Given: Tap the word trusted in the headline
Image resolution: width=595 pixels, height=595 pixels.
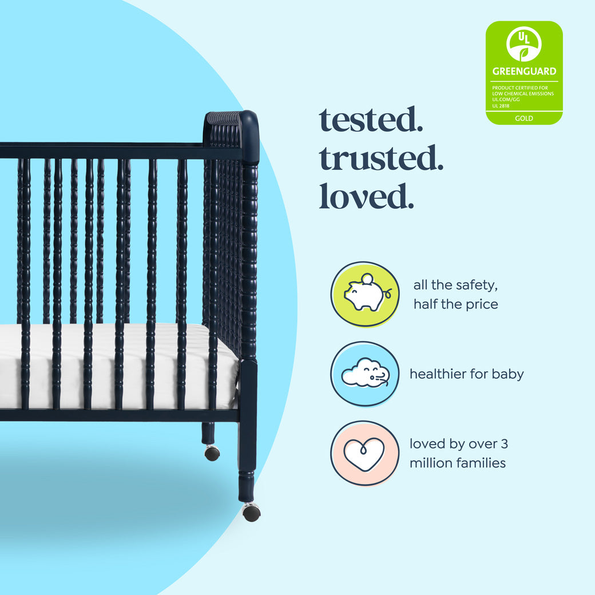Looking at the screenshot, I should [x=381, y=158].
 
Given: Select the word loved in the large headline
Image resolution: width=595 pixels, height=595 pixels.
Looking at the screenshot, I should [x=366, y=196].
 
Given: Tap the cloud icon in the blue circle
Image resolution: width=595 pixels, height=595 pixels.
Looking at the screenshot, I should [x=365, y=374].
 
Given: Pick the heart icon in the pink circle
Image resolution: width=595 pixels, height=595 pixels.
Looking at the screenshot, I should [x=364, y=454].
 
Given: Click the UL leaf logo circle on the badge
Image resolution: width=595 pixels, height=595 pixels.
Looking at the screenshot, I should [x=524, y=44].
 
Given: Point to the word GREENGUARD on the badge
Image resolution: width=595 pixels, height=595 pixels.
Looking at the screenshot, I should [x=524, y=72].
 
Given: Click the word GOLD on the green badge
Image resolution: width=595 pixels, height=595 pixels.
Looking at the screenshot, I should [x=524, y=118].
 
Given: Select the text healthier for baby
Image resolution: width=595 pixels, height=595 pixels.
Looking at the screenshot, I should [x=466, y=374].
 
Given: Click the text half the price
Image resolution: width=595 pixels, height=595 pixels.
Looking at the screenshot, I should [x=455, y=304].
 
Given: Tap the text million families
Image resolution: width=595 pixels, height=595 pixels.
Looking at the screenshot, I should [x=457, y=463].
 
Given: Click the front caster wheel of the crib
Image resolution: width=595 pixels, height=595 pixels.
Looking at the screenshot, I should [x=251, y=512].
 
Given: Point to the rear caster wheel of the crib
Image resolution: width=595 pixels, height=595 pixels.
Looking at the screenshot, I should [x=212, y=453].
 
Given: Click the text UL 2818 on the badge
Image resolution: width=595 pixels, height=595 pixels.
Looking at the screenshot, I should [x=501, y=105].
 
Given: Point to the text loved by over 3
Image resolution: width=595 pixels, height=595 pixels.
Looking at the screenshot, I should [x=458, y=443].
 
